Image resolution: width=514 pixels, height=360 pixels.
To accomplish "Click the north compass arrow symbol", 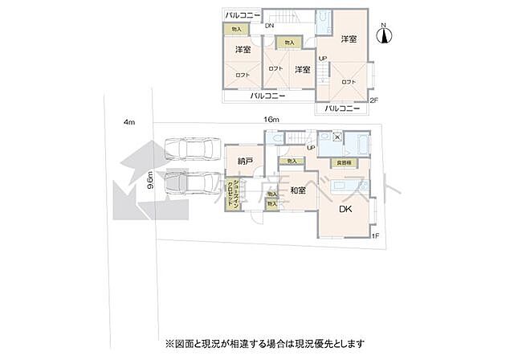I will coord(384,34).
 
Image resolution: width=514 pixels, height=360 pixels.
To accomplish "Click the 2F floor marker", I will coord(373,100).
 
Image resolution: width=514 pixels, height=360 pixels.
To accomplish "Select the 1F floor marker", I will coord(374,235).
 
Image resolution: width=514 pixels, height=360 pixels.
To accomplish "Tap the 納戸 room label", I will coord(246,162).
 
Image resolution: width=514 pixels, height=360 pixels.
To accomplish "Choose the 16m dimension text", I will coord(270,119).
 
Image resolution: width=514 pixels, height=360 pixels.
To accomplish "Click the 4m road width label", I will coord(128,122).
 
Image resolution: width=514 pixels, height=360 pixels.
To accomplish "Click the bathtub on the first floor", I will coord(357,145).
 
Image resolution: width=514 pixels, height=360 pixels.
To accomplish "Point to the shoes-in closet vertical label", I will coord(230,194).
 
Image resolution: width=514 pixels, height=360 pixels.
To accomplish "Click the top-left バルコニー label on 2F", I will coord(243,15).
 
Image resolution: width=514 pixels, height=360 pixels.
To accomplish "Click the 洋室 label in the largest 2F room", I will coord(348,39).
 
